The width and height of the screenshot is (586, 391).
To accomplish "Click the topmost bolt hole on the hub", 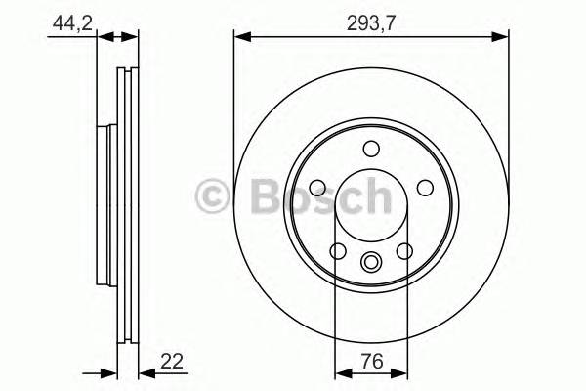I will (x=371, y=149).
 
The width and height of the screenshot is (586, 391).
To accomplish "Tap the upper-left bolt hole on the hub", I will (x=318, y=188).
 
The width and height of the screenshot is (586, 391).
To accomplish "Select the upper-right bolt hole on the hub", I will (x=424, y=188).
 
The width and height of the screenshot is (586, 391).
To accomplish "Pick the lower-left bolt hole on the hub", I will (x=338, y=251).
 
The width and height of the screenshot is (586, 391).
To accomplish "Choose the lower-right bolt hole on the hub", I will (x=404, y=251).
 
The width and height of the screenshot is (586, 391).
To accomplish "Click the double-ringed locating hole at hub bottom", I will (x=371, y=262).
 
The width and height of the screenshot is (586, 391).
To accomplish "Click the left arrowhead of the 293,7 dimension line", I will (x=239, y=38).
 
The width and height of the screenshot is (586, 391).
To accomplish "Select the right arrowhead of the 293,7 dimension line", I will (x=503, y=38).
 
